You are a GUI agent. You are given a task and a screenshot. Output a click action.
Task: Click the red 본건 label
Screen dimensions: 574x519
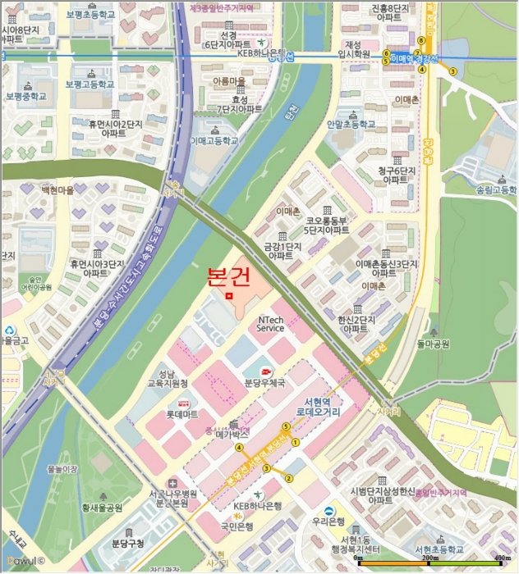(x=229, y=276)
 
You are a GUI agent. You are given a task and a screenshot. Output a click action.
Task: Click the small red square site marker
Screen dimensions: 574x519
(x=230, y=295)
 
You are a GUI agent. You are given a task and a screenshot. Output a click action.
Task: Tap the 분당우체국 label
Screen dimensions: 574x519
(x=265, y=383)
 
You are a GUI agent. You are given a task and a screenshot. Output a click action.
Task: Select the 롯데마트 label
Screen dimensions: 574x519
(x=184, y=414)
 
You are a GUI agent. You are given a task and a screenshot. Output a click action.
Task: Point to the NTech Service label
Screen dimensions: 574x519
(x=270, y=324)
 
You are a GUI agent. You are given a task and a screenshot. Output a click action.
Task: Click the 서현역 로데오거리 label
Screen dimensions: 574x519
(x=317, y=408)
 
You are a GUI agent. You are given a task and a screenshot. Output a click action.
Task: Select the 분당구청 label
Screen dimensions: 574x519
(x=128, y=543)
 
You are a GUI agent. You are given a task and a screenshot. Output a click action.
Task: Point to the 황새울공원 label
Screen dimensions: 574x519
(x=101, y=508)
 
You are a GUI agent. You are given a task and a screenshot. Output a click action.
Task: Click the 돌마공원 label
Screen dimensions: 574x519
(x=433, y=344)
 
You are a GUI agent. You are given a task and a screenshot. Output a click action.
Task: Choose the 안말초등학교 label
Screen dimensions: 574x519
(x=350, y=125)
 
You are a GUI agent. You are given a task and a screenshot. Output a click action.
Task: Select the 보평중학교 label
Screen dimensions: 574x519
(x=26, y=96)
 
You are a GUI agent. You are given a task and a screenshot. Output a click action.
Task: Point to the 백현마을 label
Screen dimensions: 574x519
(x=57, y=189)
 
